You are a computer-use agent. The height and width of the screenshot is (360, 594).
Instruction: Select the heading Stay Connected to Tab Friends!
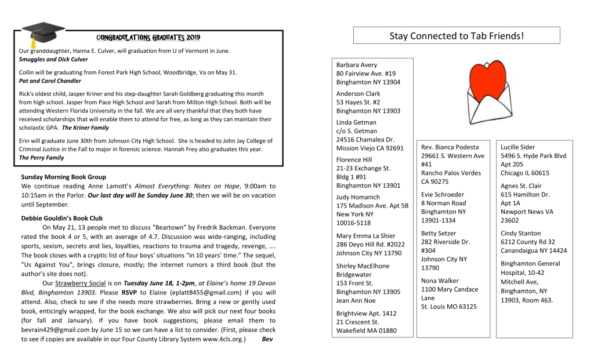coord(457,36)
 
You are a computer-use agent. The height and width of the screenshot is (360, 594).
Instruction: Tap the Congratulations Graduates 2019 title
coord(148,38)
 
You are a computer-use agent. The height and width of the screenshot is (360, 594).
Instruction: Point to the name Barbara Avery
coord(356,66)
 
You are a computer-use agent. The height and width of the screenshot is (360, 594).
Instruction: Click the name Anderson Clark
coord(358,94)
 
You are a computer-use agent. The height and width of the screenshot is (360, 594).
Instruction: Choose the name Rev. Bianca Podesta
coord(450,147)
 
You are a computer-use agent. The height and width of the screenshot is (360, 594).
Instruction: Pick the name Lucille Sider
coord(517,147)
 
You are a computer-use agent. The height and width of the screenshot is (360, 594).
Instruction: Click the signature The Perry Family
coord(42,158)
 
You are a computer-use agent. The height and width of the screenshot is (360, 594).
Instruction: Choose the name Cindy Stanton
coord(520,234)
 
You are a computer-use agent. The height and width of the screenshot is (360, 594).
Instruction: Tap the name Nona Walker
coord(440,281)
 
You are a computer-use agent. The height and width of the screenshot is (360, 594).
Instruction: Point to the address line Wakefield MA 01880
coord(366,331)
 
